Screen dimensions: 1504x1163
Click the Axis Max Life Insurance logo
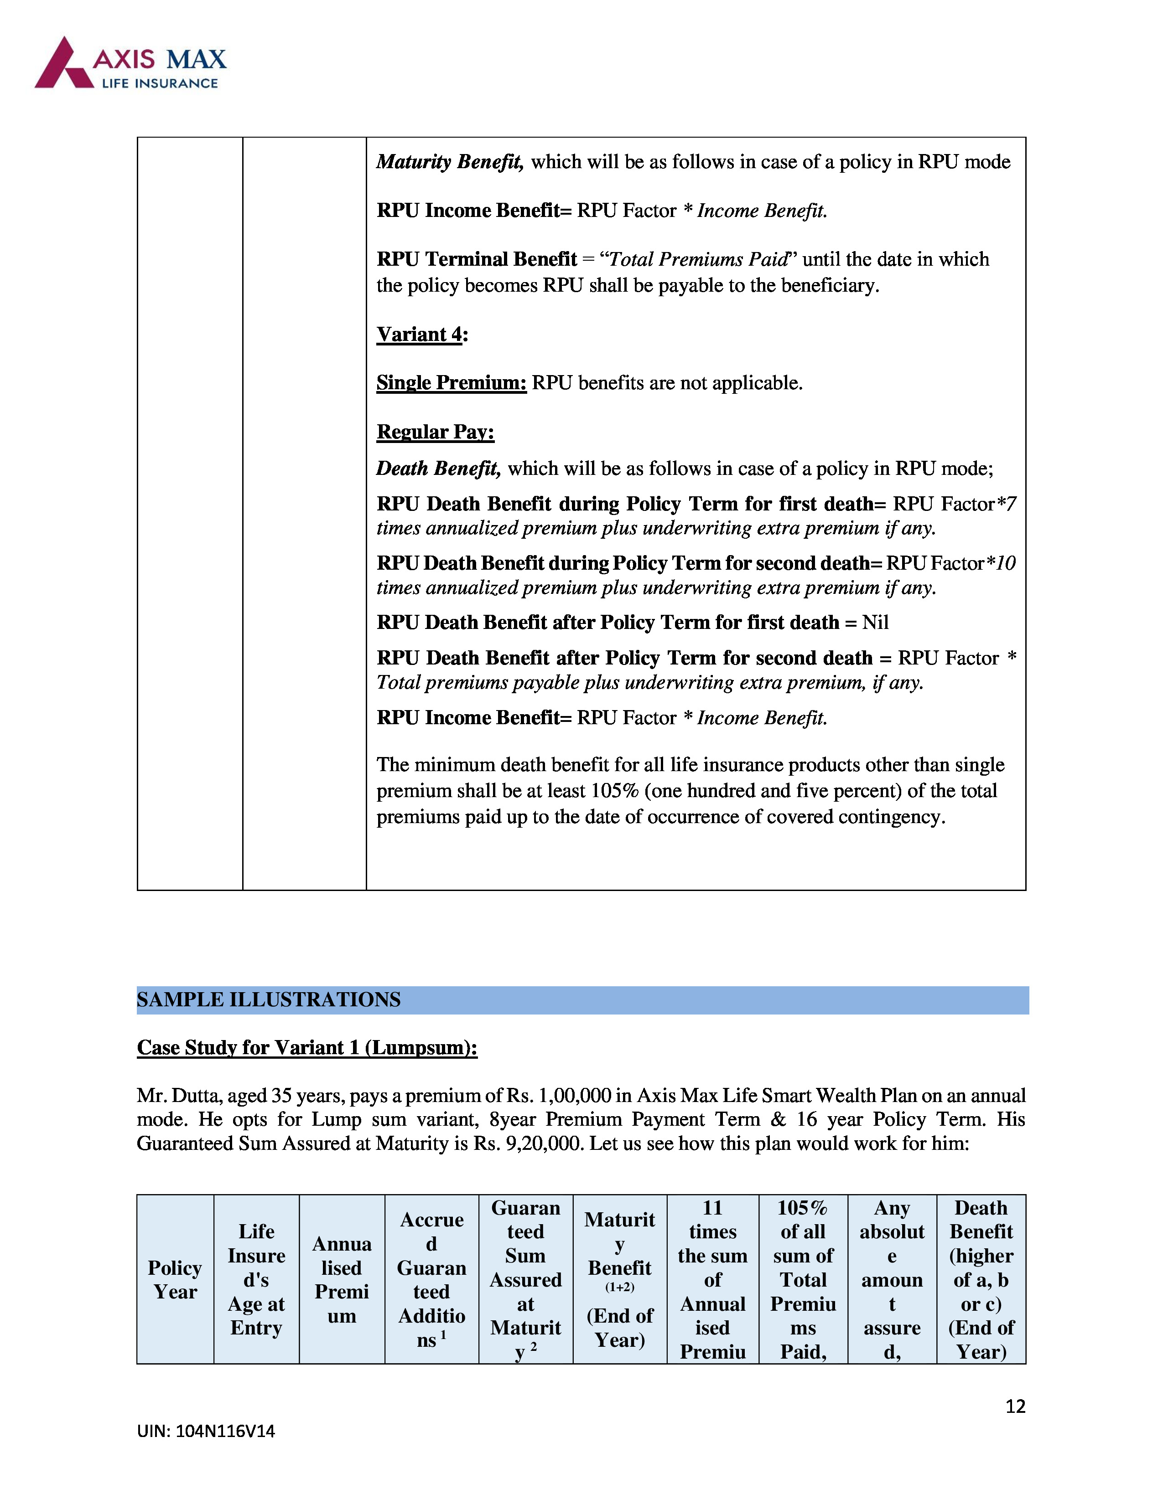130,63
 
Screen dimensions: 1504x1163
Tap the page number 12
1015,1406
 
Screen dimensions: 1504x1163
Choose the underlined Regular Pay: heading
436,432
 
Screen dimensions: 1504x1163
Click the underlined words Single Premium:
451,383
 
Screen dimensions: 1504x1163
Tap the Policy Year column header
175,1279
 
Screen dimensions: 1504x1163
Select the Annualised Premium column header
342,1279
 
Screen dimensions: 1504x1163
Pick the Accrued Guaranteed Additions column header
431,1279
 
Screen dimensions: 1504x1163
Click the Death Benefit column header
981,1279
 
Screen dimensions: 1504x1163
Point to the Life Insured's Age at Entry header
256,1279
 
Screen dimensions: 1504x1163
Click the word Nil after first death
875,623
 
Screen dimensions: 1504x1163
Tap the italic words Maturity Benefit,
450,162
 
